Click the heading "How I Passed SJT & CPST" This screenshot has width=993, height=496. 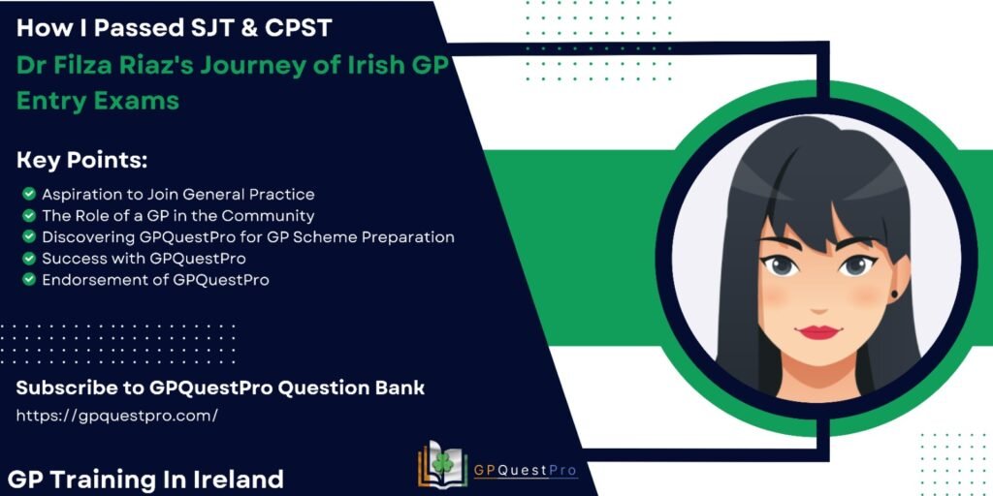coord(175,28)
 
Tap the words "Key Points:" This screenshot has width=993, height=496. coord(81,161)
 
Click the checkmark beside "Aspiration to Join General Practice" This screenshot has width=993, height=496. coord(28,194)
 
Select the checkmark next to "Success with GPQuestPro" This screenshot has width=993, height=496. coord(28,258)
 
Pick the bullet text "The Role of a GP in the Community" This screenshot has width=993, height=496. coord(178,216)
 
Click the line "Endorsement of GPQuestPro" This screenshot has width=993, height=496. coord(156,280)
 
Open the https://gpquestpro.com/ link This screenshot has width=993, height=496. coord(117,416)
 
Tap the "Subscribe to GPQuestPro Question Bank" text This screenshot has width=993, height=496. coord(220,387)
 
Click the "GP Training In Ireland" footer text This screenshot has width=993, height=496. coord(146,479)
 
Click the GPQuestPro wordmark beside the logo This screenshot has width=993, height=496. coord(526,470)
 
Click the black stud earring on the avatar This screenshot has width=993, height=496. coord(895,294)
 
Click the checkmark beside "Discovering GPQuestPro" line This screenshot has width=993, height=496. coord(28,236)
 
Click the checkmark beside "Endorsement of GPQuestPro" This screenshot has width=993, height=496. coord(28,280)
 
